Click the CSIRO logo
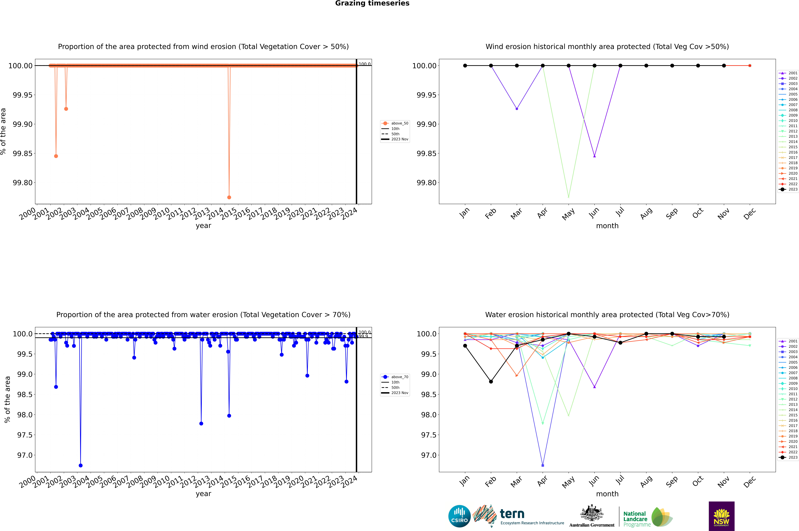coord(459,516)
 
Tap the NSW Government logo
coord(721,516)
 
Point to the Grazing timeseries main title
coord(372,3)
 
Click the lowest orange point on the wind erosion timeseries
coord(229,197)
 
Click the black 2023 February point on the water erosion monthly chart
coord(491,382)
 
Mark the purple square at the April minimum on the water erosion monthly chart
coord(543,465)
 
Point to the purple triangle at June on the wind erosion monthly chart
coord(594,156)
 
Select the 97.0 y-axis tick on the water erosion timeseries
coord(25,455)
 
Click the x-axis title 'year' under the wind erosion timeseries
coord(203,226)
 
